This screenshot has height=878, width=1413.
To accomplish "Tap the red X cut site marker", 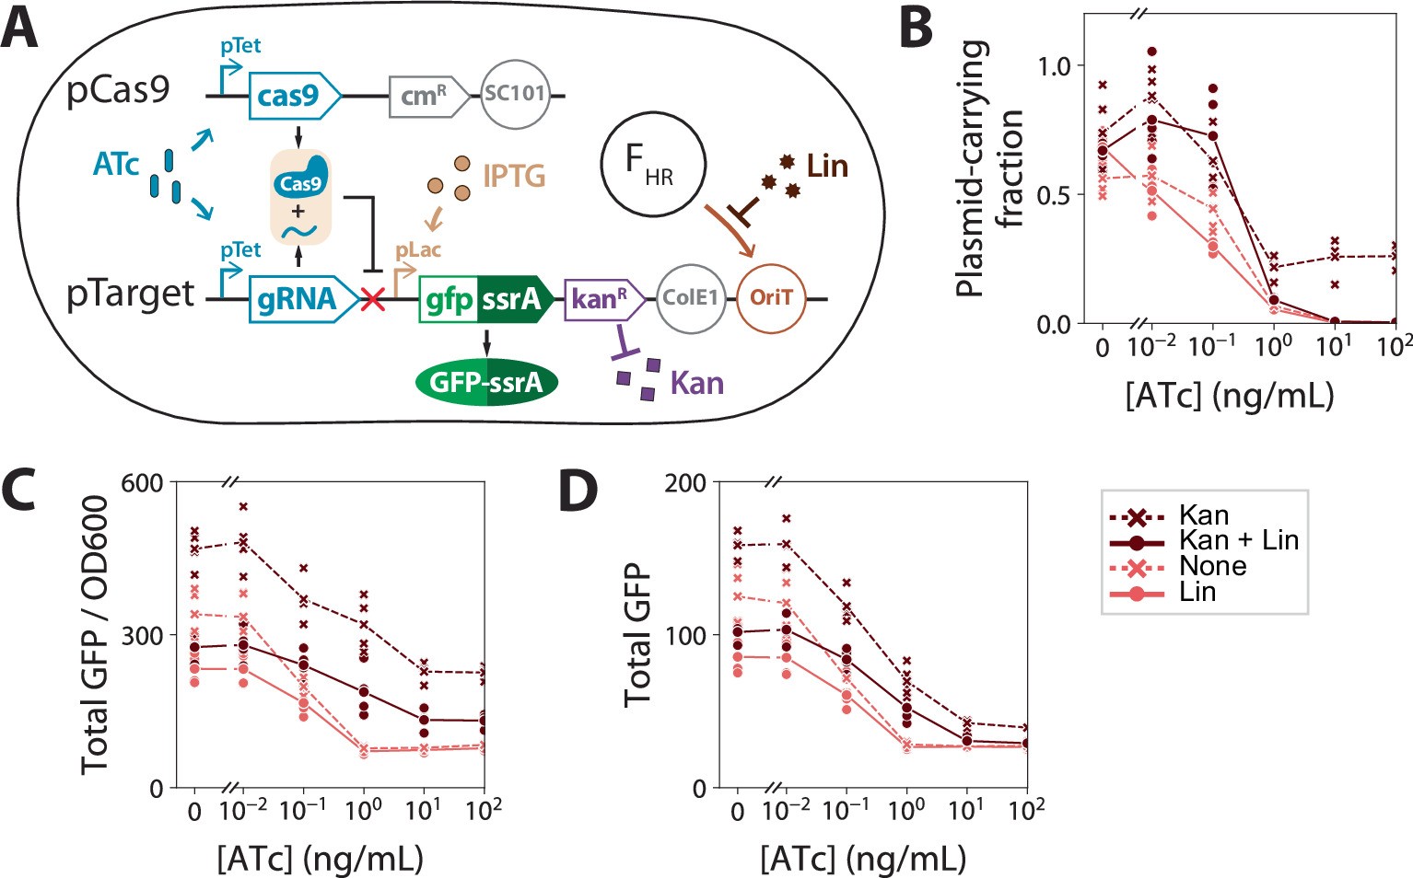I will point(373,298).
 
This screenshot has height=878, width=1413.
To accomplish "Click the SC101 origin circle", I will point(515,93).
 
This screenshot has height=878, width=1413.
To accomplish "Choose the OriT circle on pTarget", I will point(771,297).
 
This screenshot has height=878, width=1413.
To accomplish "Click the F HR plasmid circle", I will point(651,166).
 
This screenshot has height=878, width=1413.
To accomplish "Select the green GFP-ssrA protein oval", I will point(486,381).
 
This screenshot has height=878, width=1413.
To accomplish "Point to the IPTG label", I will point(514,175).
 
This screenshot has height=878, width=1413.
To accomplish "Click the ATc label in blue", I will point(116,165).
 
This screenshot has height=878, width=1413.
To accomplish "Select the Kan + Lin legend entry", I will point(1238,540).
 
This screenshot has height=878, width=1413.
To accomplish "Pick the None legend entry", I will point(1212,566).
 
